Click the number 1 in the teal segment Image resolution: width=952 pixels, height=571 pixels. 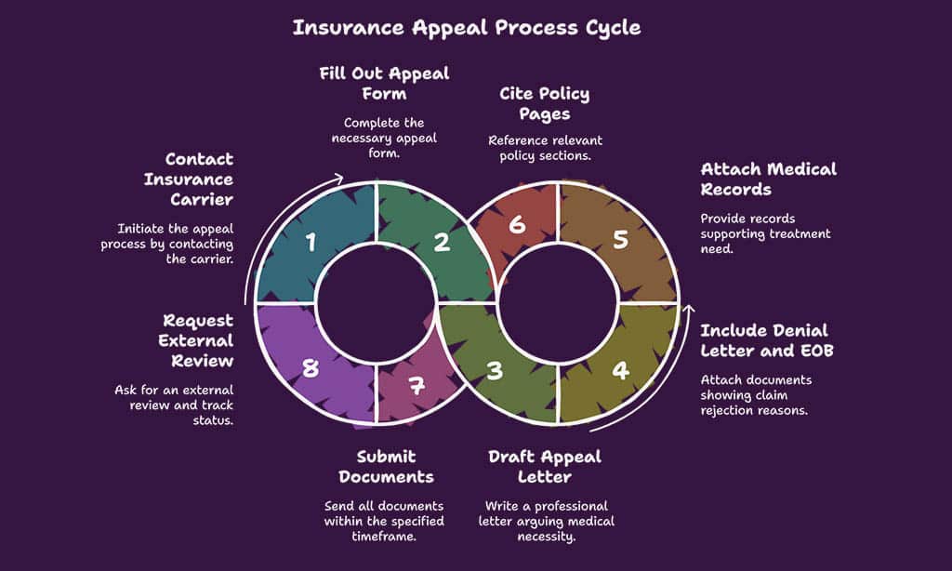(x=311, y=244)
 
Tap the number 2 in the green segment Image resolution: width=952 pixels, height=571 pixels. (x=443, y=243)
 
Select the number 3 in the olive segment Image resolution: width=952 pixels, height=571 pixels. (x=496, y=370)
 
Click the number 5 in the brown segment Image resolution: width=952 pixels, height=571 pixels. (x=621, y=239)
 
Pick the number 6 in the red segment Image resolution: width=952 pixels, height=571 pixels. (x=518, y=225)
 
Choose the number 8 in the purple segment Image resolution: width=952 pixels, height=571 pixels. (x=310, y=368)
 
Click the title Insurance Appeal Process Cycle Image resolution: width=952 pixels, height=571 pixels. (x=467, y=27)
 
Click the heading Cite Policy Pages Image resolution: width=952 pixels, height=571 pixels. (x=545, y=103)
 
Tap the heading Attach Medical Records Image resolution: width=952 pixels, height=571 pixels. (x=768, y=179)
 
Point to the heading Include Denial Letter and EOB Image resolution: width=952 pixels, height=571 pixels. (x=763, y=339)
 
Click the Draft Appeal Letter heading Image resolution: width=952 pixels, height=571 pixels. (x=545, y=466)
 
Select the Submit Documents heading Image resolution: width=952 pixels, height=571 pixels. (x=386, y=466)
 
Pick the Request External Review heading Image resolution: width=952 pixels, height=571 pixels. (x=197, y=340)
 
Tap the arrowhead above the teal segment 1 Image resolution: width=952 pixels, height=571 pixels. (x=339, y=179)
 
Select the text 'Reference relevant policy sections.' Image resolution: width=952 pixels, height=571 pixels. (x=545, y=148)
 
